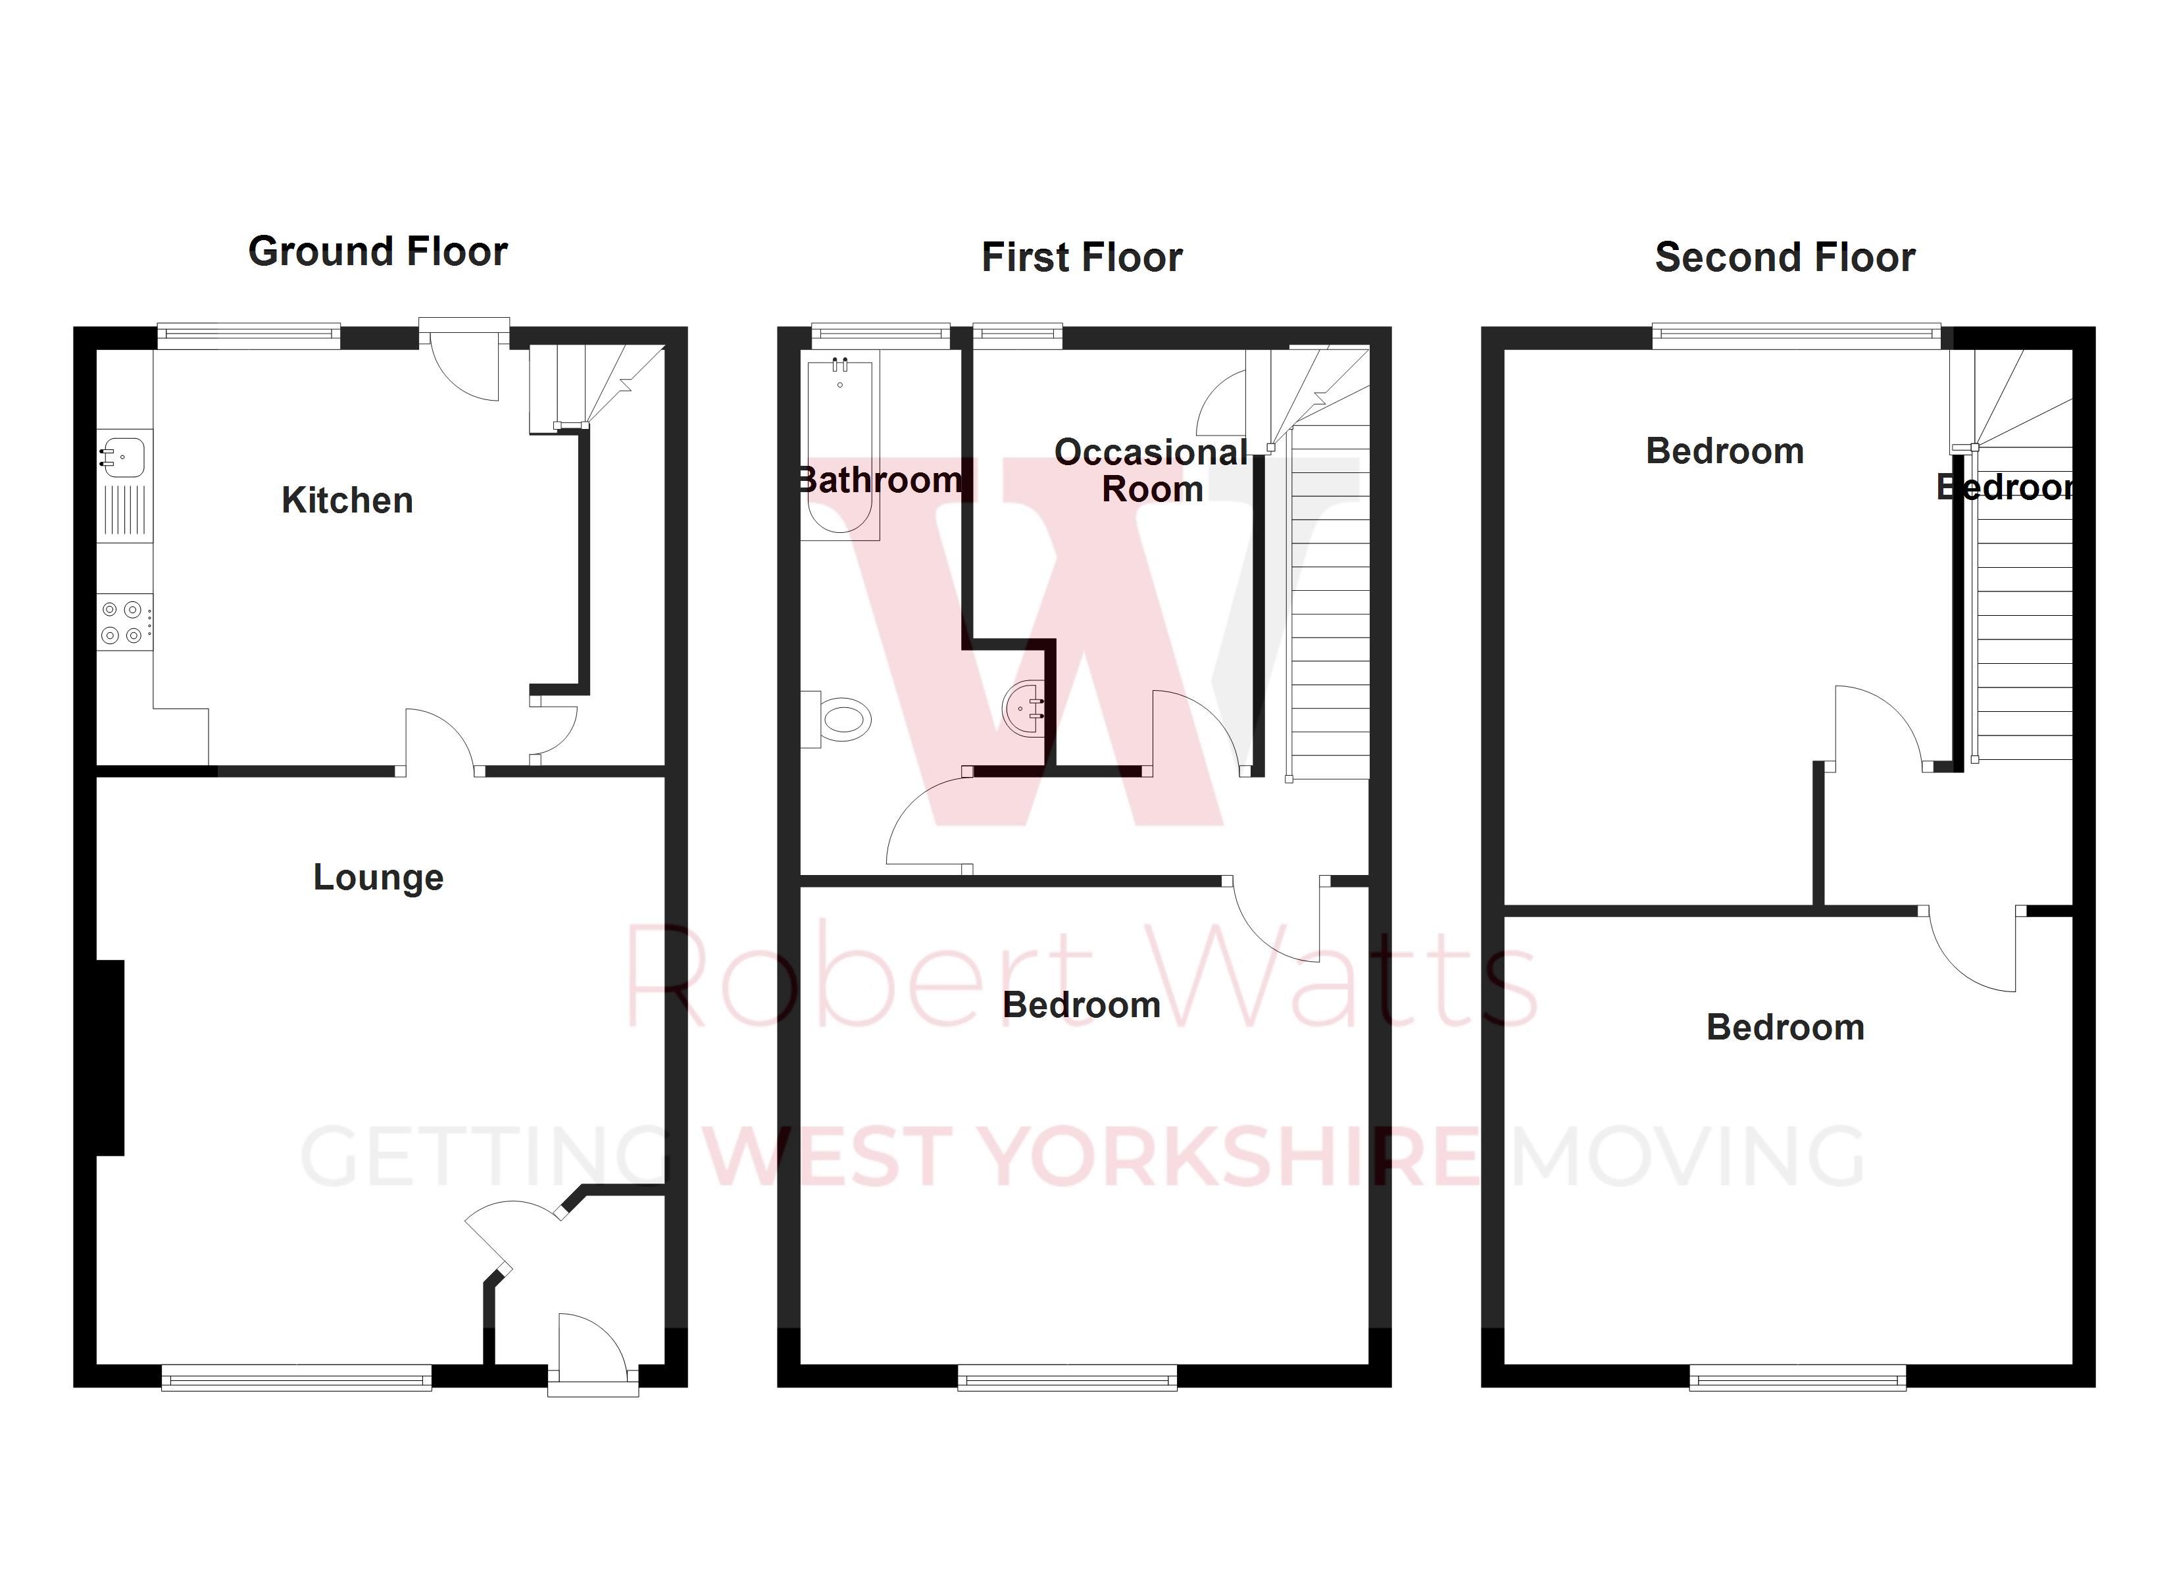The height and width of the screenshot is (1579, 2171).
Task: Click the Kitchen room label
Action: (347, 500)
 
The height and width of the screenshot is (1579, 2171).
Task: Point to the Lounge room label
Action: (378, 877)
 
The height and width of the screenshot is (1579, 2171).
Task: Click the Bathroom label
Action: (881, 480)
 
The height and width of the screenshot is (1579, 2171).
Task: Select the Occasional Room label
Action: (1151, 470)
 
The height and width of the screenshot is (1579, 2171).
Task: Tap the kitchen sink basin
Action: (124, 457)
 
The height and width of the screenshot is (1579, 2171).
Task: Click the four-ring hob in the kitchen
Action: (122, 622)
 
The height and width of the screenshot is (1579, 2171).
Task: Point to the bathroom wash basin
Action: (1024, 709)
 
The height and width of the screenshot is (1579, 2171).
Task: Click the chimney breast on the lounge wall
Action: (109, 1057)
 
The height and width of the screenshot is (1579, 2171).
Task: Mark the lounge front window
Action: (297, 1380)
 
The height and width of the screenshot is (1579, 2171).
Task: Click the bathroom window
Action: (881, 334)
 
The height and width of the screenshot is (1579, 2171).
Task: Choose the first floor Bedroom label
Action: (1082, 1005)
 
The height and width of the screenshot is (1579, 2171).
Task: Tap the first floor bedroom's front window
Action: (1067, 1380)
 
